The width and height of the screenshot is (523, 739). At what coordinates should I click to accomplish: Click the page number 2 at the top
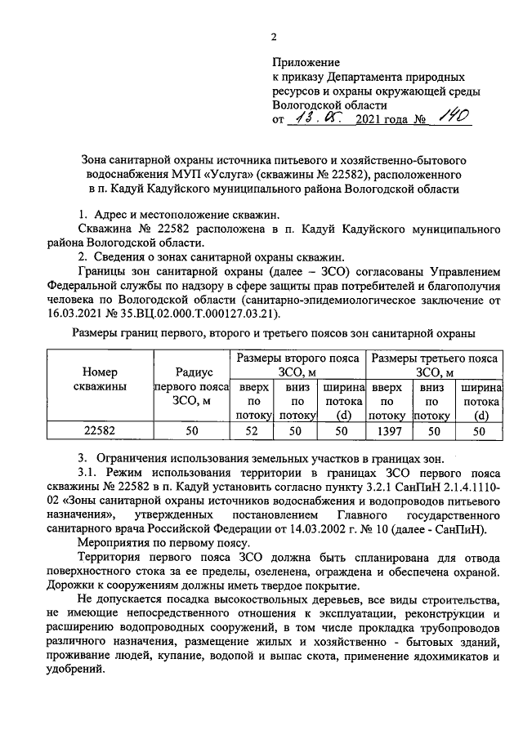[275, 36]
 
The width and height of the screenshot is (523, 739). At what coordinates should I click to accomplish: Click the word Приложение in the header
[306, 61]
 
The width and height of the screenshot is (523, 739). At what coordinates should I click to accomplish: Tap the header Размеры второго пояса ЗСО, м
[298, 365]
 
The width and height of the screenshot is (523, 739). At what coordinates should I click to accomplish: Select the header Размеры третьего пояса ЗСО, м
[435, 365]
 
